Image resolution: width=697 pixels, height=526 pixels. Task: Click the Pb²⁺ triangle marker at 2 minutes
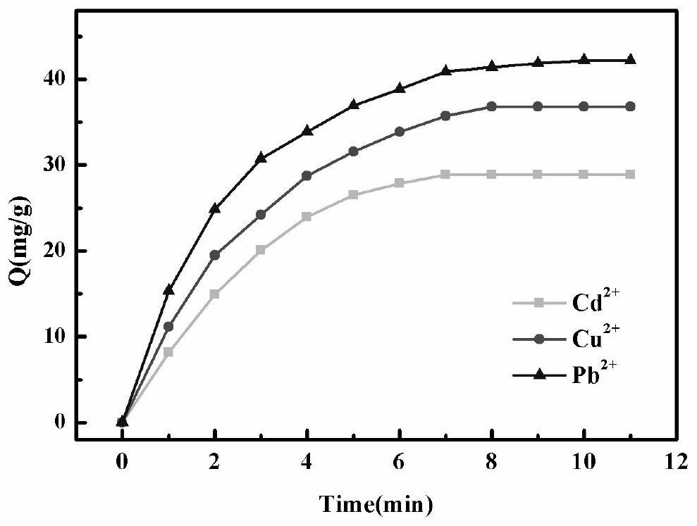point(215,208)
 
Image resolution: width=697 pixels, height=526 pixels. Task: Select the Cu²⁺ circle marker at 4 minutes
point(307,175)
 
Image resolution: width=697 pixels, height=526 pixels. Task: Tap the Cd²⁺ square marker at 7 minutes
point(445,174)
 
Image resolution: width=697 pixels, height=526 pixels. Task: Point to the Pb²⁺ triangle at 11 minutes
point(630,60)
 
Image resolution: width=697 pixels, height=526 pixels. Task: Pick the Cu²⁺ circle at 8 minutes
point(492,106)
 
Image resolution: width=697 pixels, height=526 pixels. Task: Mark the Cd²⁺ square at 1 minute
point(168,352)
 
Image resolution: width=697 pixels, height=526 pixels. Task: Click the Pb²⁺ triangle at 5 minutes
point(353,105)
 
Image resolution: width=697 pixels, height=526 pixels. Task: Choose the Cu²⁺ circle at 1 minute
point(168,327)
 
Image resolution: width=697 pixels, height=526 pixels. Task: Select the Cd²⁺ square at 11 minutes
point(630,174)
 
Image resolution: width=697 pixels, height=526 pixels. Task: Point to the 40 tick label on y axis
point(56,79)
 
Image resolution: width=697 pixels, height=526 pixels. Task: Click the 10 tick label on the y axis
point(56,337)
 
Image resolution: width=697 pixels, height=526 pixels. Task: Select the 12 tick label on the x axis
point(677,463)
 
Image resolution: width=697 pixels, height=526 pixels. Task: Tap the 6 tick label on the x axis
point(399,463)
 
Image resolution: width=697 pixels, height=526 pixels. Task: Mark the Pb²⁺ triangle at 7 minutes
point(445,70)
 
